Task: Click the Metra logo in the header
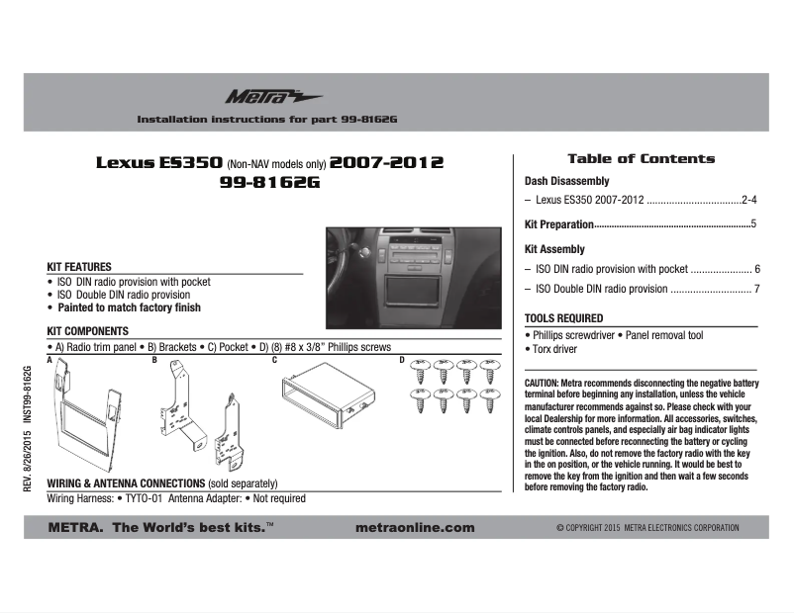259,96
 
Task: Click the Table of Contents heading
641,158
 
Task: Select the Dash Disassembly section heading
566,182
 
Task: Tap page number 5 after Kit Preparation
753,224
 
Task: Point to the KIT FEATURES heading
79,267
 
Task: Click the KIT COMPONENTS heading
88,331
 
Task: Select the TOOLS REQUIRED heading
563,318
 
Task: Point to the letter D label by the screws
402,361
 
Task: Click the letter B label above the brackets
154,361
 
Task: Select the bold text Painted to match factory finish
128,307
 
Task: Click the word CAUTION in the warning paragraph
543,382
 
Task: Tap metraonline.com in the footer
414,528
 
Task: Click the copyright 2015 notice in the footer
647,528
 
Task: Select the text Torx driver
554,349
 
